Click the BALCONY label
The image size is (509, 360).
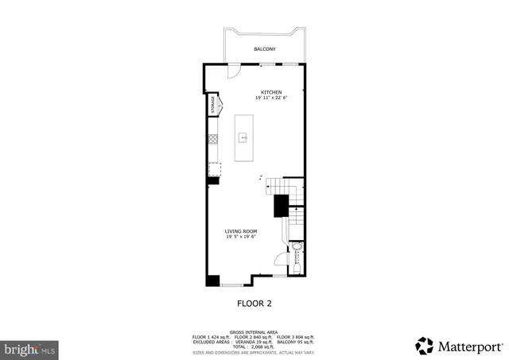pyautogui.click(x=265, y=49)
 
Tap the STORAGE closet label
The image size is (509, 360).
pyautogui.click(x=212, y=106)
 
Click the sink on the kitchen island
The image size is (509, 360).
pyautogui.click(x=244, y=136)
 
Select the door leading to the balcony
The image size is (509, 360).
pyautogui.click(x=234, y=72)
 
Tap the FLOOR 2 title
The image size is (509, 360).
pyautogui.click(x=254, y=303)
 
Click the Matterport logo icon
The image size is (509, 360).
pyautogui.click(x=425, y=346)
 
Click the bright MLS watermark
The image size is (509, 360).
pyautogui.click(x=30, y=348)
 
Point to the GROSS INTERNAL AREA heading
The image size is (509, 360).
pyautogui.click(x=254, y=332)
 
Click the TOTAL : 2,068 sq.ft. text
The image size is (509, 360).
pyautogui.click(x=254, y=346)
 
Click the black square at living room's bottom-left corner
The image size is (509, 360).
pyautogui.click(x=212, y=280)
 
